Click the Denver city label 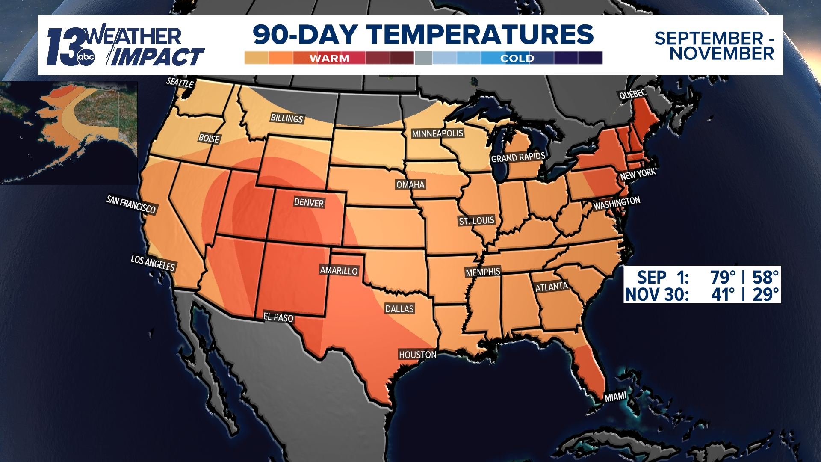pyautogui.click(x=309, y=202)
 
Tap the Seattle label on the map pyautogui.click(x=180, y=83)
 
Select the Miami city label pyautogui.click(x=615, y=397)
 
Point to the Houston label pyautogui.click(x=417, y=355)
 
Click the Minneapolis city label pyautogui.click(x=437, y=133)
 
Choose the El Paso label pyautogui.click(x=278, y=317)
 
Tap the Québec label pyautogui.click(x=632, y=94)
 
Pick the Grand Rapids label pyautogui.click(x=518, y=157)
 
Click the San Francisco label pyautogui.click(x=131, y=204)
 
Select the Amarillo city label pyautogui.click(x=339, y=270)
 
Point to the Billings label pyautogui.click(x=286, y=118)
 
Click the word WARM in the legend pyautogui.click(x=329, y=58)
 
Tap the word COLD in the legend pyautogui.click(x=517, y=58)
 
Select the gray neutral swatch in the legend pyautogui.click(x=423, y=58)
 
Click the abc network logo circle pyautogui.click(x=86, y=57)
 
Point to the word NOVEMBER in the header pyautogui.click(x=721, y=54)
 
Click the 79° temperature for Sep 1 pyautogui.click(x=723, y=277)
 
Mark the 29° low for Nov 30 pyautogui.click(x=765, y=295)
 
